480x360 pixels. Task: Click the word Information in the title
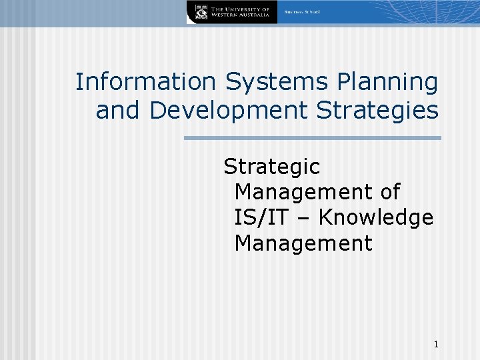pos(145,83)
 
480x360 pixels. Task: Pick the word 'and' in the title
pos(119,110)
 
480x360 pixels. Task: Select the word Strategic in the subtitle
pos(271,166)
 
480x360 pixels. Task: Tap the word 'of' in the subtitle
pos(389,192)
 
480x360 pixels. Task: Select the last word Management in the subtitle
pos(303,243)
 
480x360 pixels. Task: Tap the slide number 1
pos(435,345)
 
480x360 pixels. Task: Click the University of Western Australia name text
pos(241,12)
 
